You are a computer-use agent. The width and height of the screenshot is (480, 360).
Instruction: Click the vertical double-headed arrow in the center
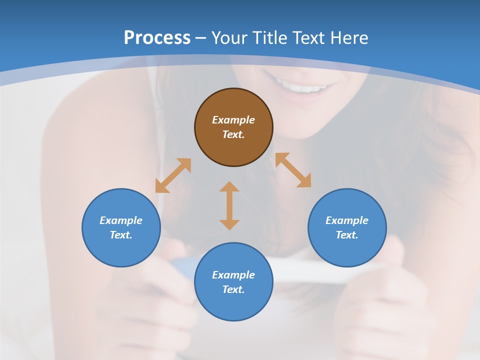229,205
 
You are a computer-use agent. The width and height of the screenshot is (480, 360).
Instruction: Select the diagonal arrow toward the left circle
173,175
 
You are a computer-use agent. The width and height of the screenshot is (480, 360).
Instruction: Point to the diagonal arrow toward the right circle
293,170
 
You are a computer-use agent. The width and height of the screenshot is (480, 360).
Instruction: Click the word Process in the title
157,38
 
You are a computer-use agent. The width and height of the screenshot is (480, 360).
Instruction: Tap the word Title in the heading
272,38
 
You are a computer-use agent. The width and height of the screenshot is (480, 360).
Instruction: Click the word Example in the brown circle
233,120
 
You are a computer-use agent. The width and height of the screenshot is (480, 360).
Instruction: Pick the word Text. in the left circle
121,235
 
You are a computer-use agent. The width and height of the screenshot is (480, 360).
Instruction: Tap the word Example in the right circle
347,220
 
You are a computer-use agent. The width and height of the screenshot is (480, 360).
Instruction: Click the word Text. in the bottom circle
233,289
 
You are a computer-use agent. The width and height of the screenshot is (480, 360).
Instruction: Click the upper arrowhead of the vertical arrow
229,186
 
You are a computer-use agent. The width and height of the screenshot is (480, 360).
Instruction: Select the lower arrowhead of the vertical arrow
229,224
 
